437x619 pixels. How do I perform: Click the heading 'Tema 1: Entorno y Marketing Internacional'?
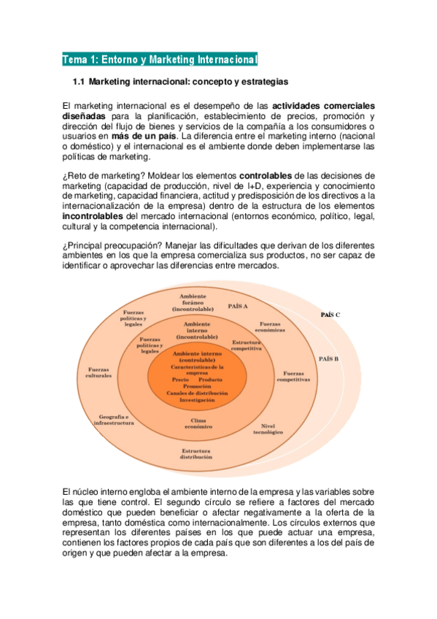[x=160, y=59]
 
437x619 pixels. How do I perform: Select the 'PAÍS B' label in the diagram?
[x=328, y=359]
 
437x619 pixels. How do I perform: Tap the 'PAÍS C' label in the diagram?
[x=330, y=315]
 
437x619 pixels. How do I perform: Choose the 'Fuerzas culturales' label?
[x=98, y=372]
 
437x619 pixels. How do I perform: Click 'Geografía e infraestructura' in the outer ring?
[x=115, y=420]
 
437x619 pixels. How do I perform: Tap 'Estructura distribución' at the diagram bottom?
[x=196, y=454]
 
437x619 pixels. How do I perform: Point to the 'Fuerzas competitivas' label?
[x=293, y=377]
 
